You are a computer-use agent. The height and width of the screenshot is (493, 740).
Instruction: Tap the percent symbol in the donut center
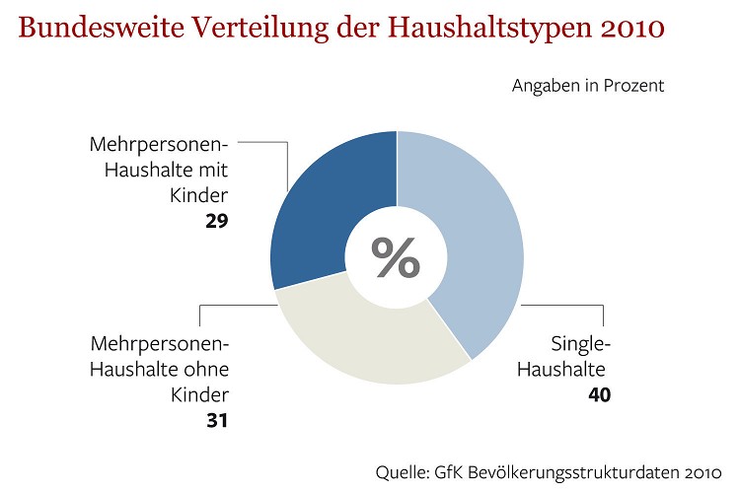(x=396, y=257)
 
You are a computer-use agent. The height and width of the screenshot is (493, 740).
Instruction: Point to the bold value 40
(x=598, y=395)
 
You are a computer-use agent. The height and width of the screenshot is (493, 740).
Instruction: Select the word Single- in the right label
(x=581, y=344)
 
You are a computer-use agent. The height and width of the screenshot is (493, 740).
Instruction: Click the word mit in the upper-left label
(x=213, y=169)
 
